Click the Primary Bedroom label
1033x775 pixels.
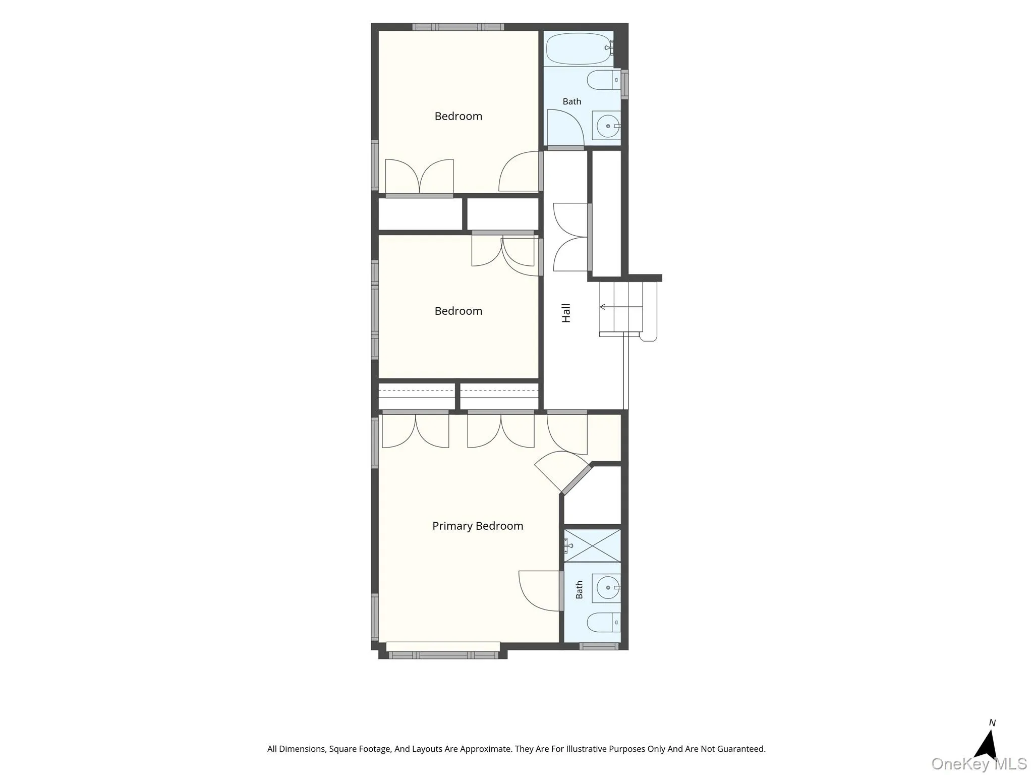[x=478, y=526]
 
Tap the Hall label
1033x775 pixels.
[x=566, y=313]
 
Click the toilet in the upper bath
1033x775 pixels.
[x=604, y=80]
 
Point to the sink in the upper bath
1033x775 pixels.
[x=606, y=126]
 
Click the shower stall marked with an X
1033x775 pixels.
[x=592, y=545]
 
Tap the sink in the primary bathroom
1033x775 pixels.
[x=607, y=588]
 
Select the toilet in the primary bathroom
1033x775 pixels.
[x=604, y=623]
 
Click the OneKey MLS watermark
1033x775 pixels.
[x=979, y=764]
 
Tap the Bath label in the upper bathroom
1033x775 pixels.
[x=572, y=101]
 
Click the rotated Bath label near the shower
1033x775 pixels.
[x=579, y=590]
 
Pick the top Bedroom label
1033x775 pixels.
[x=458, y=117]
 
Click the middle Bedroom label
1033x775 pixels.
[x=458, y=311]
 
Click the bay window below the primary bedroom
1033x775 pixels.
[x=443, y=655]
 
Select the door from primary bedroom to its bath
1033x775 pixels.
[x=539, y=591]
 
